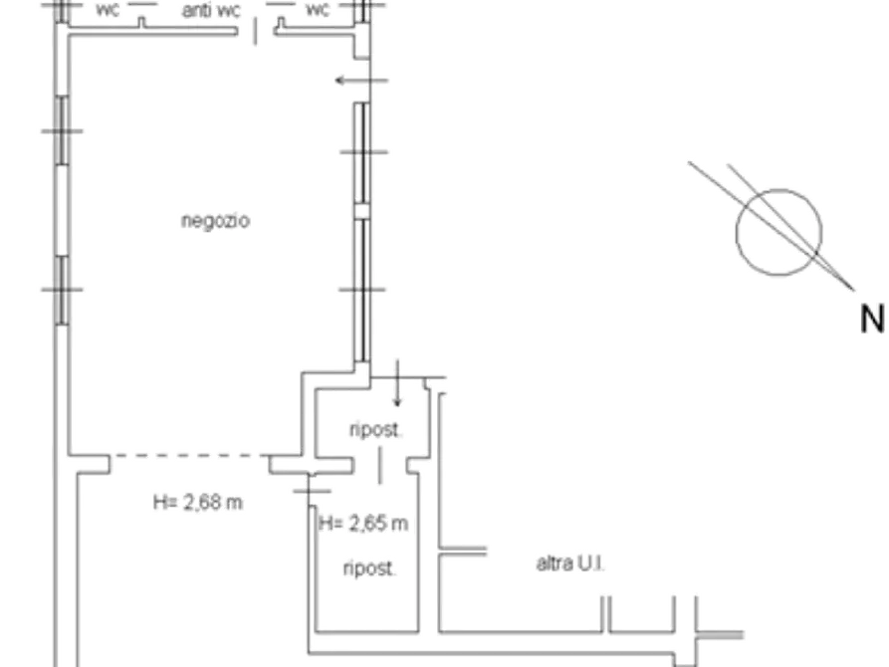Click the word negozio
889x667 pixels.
tap(215, 220)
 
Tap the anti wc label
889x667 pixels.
tap(211, 11)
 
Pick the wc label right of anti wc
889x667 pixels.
tap(317, 11)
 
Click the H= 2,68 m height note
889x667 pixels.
tap(198, 503)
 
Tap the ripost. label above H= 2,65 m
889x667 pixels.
tap(374, 430)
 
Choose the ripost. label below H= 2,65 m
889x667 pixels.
tap(368, 569)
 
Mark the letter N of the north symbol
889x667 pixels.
tap(871, 319)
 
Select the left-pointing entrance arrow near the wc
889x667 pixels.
tap(354, 80)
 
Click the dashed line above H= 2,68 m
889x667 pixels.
tap(189, 459)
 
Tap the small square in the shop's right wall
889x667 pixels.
tap(362, 211)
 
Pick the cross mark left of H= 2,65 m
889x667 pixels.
tap(313, 489)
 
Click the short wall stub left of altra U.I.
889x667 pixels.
tap(464, 550)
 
